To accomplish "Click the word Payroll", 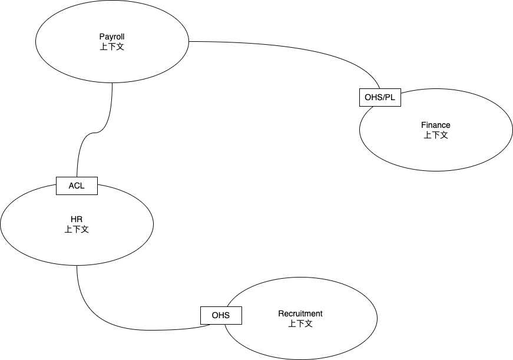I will click(x=112, y=37).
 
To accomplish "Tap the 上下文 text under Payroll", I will click(x=112, y=46).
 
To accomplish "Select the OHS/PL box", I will click(x=380, y=97).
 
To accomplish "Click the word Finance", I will click(x=436, y=125).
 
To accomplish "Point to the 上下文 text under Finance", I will click(x=436, y=134).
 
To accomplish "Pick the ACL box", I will click(x=77, y=186).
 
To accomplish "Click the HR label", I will click(x=77, y=220).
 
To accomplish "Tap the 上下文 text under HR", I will click(x=77, y=229).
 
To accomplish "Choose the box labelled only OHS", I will click(x=221, y=316).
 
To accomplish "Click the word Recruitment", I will click(x=300, y=313).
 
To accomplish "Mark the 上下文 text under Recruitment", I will click(x=300, y=323).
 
